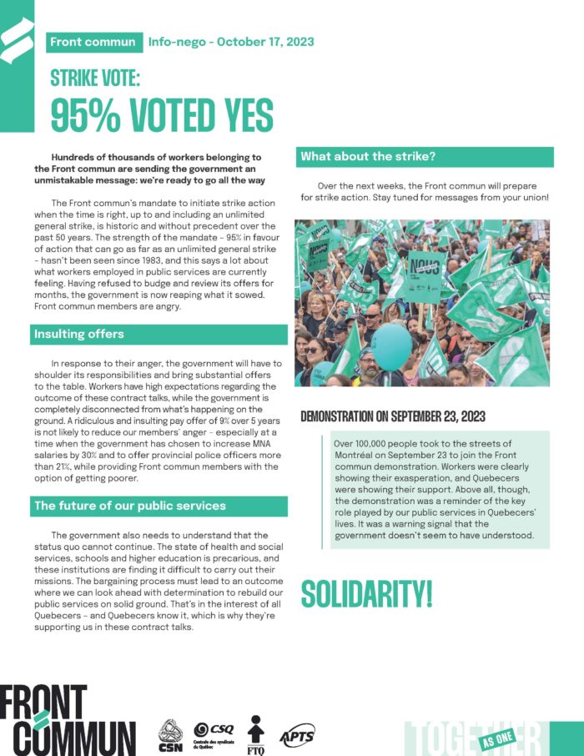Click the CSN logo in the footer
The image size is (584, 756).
point(170,732)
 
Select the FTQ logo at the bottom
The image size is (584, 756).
point(257,732)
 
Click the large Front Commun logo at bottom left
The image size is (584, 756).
point(67,719)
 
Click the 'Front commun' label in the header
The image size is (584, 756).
point(92,41)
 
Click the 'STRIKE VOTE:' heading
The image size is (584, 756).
point(95,78)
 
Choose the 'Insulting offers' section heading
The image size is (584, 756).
point(79,335)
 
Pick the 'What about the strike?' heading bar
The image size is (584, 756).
point(368,157)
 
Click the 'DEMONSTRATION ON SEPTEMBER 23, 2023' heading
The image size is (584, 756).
point(399,416)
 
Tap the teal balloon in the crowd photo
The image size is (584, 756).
point(391,346)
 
